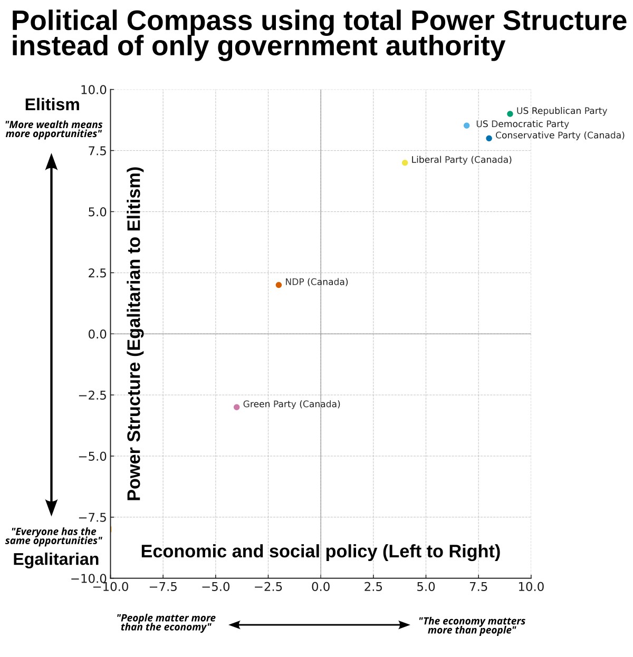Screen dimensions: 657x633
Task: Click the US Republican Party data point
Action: [510, 114]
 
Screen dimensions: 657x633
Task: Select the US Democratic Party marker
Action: [466, 125]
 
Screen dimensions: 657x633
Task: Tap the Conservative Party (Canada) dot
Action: [489, 138]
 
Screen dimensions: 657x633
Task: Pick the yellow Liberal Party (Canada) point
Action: [405, 162]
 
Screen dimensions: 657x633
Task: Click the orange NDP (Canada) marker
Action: [279, 285]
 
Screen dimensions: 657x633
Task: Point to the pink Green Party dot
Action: [236, 407]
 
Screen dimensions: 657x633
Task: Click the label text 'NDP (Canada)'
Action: [316, 282]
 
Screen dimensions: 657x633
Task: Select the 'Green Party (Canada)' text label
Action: [291, 404]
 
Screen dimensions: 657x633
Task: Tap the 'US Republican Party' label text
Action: [561, 111]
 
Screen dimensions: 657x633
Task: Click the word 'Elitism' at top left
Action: [52, 104]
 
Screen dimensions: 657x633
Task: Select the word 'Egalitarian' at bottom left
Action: [56, 559]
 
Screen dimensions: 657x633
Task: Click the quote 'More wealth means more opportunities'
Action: [53, 129]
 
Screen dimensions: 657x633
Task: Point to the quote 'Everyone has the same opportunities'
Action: [53, 536]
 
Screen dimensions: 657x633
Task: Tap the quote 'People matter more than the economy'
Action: [166, 622]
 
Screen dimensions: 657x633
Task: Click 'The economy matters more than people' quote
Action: [472, 625]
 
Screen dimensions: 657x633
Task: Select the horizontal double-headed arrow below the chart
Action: [319, 625]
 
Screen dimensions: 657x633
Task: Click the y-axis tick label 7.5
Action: [94, 151]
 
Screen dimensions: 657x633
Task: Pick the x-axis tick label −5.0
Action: [215, 587]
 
